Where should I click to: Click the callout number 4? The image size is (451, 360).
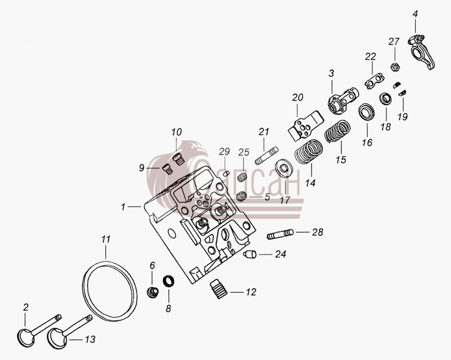[415, 14]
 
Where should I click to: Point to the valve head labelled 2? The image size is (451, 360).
[26, 338]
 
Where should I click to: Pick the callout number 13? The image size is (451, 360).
[90, 339]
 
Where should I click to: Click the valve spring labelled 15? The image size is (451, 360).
[337, 131]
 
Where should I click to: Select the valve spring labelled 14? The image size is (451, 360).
[309, 151]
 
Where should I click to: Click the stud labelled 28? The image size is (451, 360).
[280, 234]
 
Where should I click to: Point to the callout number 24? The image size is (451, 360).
[281, 254]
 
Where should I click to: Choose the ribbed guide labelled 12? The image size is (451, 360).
[218, 289]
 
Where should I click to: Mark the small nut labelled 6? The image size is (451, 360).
[153, 292]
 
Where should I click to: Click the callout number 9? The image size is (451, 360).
[141, 168]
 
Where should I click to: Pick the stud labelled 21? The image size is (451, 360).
[267, 156]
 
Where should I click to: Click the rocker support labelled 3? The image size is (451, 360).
[343, 100]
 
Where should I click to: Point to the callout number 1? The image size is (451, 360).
[123, 207]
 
